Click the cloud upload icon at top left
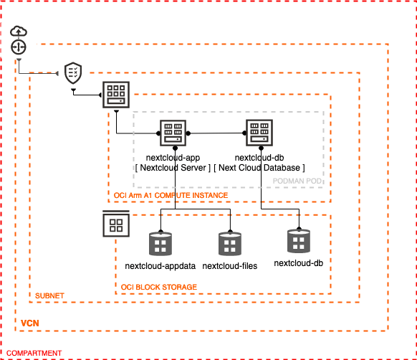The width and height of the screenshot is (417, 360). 19,31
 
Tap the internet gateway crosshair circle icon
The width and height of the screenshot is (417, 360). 19,47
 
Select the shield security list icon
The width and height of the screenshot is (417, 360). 72,72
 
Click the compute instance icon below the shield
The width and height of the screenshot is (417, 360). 115,94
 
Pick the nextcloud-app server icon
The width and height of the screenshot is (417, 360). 173,133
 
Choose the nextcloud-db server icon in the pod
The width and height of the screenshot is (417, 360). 259,133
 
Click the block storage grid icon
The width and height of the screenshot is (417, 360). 115,226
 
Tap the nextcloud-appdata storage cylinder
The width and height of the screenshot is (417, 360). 161,245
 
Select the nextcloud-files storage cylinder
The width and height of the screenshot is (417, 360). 229,245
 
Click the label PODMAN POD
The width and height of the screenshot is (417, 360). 298,181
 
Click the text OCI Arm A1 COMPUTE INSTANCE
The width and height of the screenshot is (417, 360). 171,195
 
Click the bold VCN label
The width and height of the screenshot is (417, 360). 30,323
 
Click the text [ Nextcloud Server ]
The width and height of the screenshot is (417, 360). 173,167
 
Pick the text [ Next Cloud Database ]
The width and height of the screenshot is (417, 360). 260,167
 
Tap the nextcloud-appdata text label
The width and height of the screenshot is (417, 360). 161,266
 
